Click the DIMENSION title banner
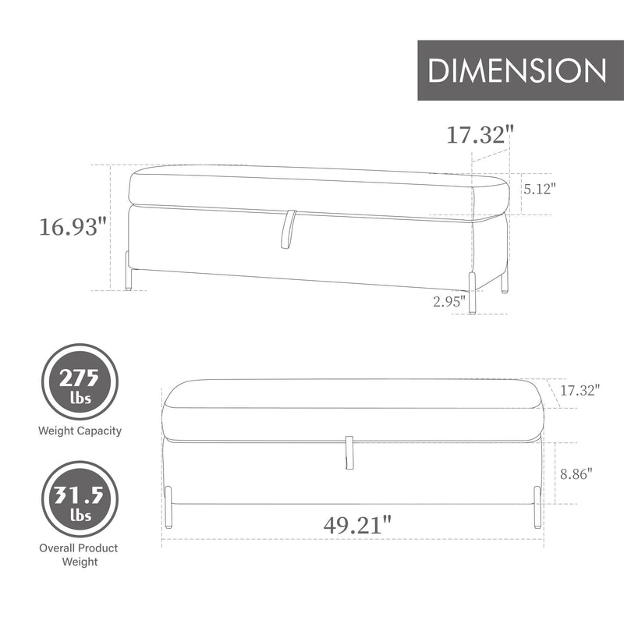[520, 70]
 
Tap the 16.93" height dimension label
[73, 227]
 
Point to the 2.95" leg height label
[449, 301]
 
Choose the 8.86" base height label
[576, 473]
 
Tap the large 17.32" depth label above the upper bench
[480, 134]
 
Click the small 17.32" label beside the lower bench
[580, 390]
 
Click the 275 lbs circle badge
[80, 381]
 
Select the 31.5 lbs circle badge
[80, 499]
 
